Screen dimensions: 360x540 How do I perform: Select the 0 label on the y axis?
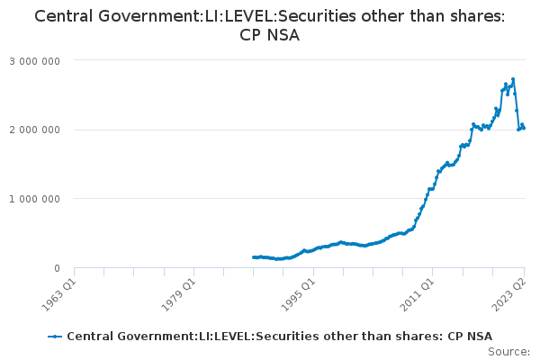pyautogui.click(x=56, y=268)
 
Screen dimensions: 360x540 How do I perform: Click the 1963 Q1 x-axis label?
pyautogui.click(x=59, y=293)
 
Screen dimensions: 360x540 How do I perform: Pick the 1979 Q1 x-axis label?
pyautogui.click(x=180, y=293)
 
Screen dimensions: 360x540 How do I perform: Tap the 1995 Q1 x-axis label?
pyautogui.click(x=300, y=293)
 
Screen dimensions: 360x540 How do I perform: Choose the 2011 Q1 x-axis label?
pyautogui.click(x=419, y=293)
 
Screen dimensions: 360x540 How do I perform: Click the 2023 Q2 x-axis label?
pyautogui.click(x=510, y=293)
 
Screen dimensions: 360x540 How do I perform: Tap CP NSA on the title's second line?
pyautogui.click(x=270, y=36)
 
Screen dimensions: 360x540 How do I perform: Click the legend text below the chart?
pyautogui.click(x=279, y=336)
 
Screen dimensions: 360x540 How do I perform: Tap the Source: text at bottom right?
pyautogui.click(x=508, y=351)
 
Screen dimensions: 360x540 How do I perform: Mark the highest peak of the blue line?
pyautogui.click(x=512, y=79)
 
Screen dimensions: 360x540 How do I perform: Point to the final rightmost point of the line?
pyautogui.click(x=524, y=128)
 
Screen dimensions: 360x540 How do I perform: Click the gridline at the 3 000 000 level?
pyautogui.click(x=297, y=60)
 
